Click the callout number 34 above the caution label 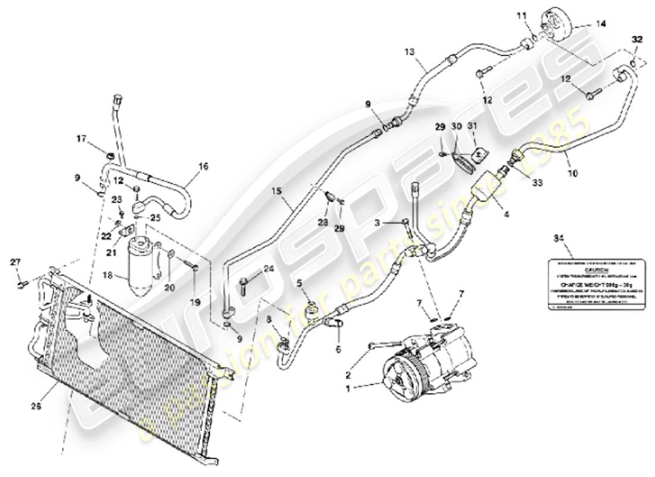tap(558, 239)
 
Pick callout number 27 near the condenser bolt tap(15, 262)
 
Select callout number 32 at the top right tap(637, 39)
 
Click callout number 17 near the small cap tap(81, 139)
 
